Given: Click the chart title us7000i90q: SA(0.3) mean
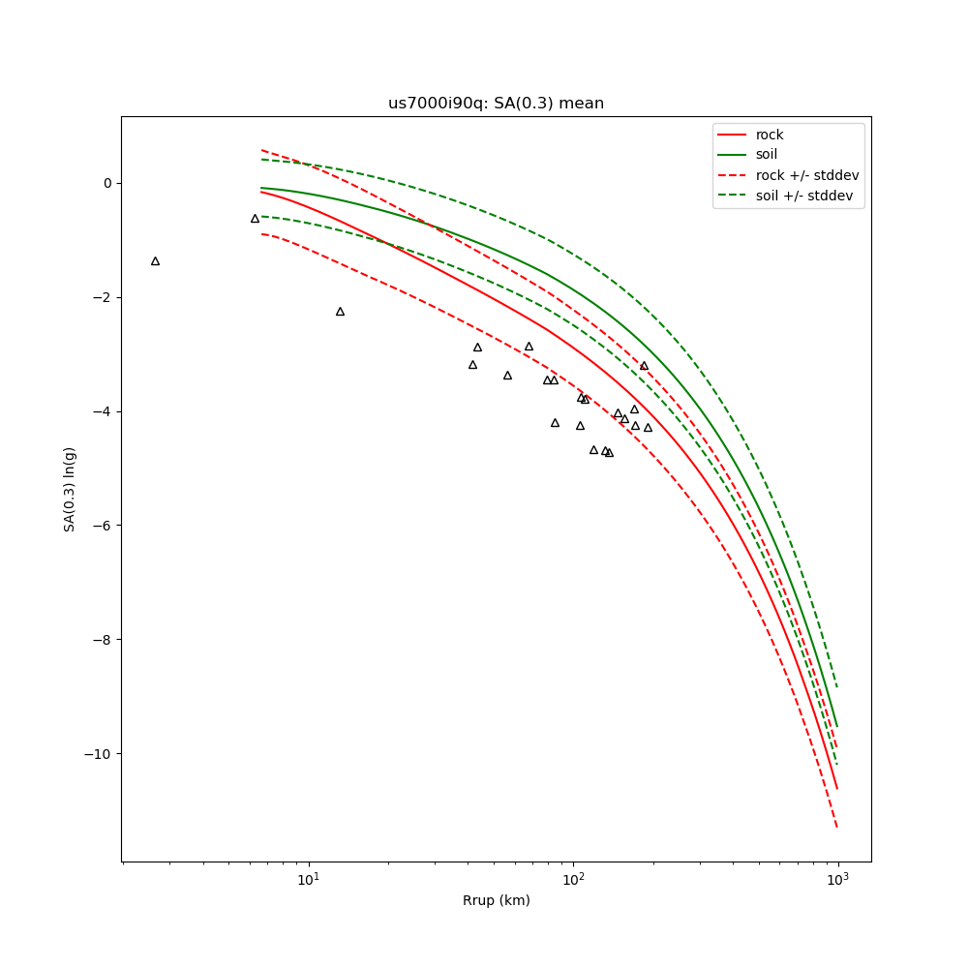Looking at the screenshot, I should coord(496,104).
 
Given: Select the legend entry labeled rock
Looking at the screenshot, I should coord(770,136).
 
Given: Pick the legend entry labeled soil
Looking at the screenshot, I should coord(767,155).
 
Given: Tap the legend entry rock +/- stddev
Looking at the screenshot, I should coord(807,175).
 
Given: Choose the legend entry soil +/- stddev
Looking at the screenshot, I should coord(807,196).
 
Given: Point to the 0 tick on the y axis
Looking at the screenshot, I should coord(107,183).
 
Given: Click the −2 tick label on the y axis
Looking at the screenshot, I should coord(104,297).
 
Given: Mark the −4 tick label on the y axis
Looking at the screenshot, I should coord(104,411).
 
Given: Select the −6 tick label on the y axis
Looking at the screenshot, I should coord(104,526).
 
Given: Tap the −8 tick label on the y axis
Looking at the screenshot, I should coord(104,640).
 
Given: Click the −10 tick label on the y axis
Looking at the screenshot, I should coord(101,754).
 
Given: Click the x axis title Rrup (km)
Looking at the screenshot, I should coord(496,901).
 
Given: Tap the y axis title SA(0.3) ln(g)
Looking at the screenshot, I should coord(70,489).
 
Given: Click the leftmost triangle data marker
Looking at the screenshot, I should coord(155,261).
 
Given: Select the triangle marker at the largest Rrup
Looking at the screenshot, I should coord(648,428).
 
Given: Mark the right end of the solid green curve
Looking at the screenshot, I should coord(837,727).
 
